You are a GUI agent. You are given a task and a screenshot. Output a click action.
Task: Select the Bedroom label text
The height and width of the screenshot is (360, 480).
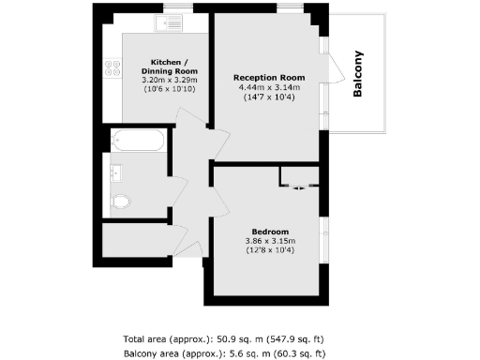tap(270, 231)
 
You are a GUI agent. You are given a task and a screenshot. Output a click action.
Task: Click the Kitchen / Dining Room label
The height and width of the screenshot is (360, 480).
tap(169, 66)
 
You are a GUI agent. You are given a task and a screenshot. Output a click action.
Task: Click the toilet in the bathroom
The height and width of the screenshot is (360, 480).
tap(119, 202)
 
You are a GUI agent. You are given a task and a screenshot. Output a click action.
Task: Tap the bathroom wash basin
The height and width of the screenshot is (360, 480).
tap(116, 172)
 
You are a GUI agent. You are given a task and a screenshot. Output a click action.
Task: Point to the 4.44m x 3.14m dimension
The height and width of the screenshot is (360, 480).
tap(269, 87)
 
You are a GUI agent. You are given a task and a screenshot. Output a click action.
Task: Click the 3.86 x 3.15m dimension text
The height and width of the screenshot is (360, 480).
tap(270, 240)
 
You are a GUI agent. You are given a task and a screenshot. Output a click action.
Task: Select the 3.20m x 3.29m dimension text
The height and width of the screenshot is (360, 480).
tap(169, 81)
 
